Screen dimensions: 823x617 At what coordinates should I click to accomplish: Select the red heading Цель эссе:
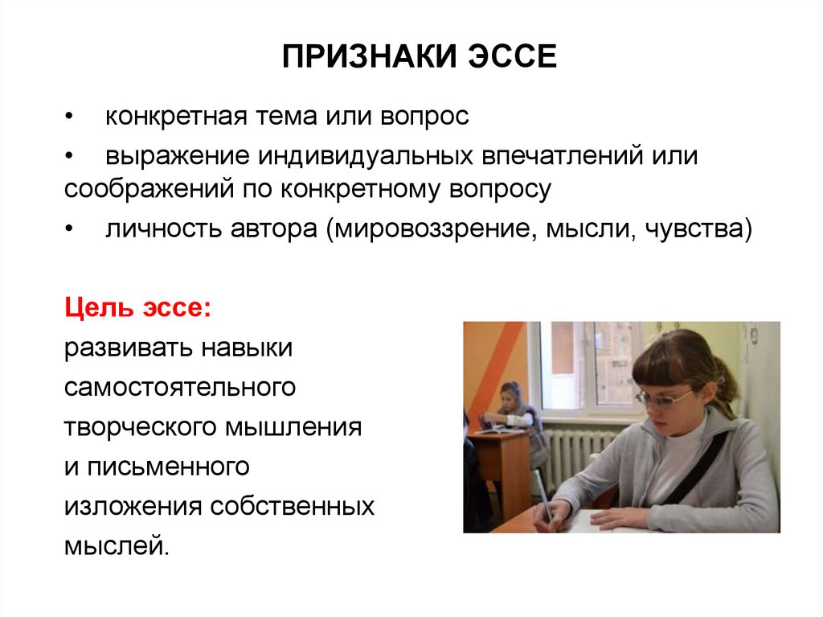pos(137,308)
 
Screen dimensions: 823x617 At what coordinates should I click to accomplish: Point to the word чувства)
pos(698,229)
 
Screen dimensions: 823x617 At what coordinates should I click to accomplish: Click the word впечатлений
pos(562,156)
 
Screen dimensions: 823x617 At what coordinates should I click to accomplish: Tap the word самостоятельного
pos(180,387)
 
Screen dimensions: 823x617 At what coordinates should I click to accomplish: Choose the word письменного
pos(169,467)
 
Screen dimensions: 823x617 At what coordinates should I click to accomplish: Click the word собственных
pos(293,507)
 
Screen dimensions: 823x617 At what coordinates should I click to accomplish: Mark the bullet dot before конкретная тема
pos(69,117)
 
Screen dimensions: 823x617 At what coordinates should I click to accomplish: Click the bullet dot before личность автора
pos(69,230)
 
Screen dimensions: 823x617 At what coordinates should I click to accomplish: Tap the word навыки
pos(248,348)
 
